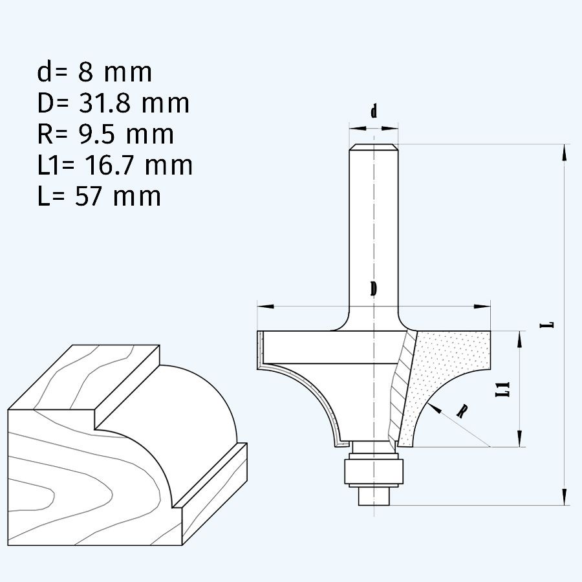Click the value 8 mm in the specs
tap(115, 72)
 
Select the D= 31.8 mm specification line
tap(113, 103)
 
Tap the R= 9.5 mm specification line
tap(105, 135)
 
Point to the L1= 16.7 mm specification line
tap(114, 166)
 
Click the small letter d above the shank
tap(373, 112)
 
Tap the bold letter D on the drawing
tap(373, 289)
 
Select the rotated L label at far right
tap(548, 323)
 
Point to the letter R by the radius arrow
tap(462, 411)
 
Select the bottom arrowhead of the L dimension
tap(565, 495)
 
